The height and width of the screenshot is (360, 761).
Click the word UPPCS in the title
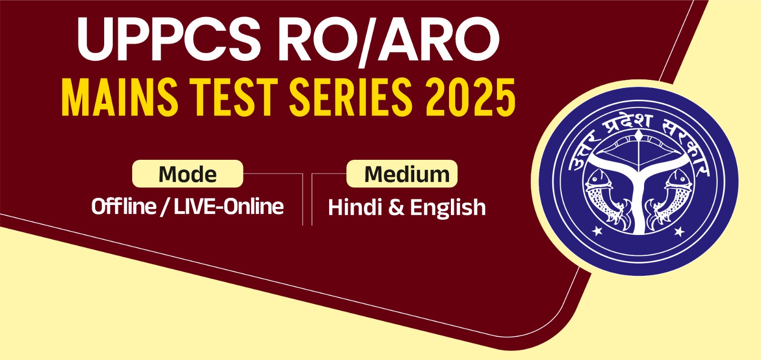[169, 39]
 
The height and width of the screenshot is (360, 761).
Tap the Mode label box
[187, 174]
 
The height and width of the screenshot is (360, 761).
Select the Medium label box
[402, 174]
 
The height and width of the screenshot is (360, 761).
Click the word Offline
[124, 206]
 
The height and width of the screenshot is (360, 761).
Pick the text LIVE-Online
[229, 206]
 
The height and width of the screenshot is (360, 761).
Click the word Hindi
[355, 207]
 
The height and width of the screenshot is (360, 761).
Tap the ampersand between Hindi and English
[396, 207]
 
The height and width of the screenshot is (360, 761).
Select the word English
[448, 208]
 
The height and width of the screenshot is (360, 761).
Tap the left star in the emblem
[597, 232]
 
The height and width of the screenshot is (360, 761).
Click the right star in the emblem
[680, 232]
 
